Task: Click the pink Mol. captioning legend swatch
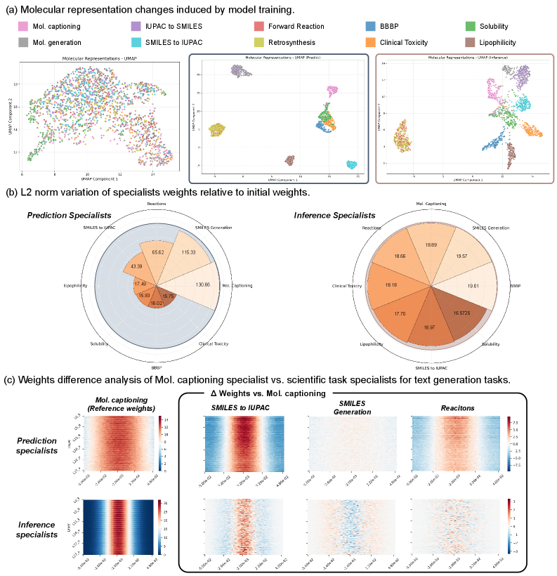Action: point(22,27)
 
